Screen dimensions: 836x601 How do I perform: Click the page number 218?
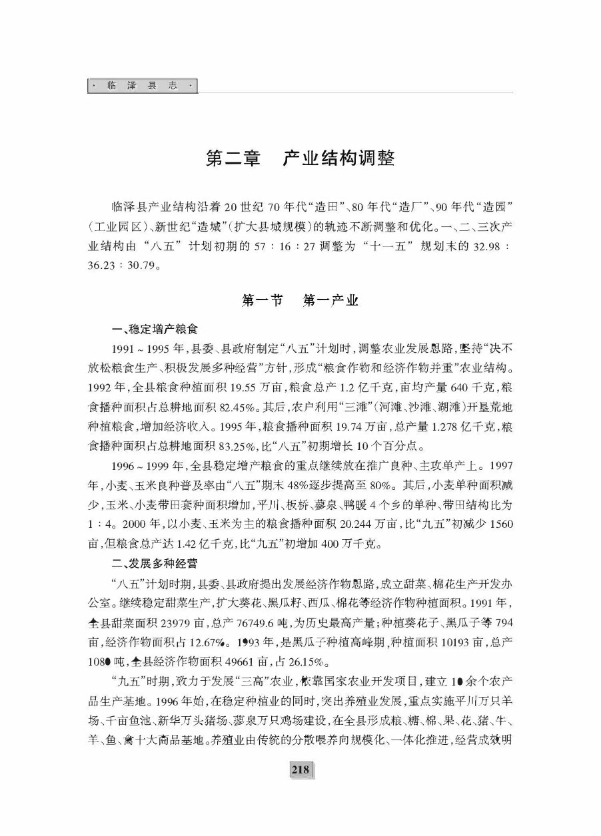pos(300,769)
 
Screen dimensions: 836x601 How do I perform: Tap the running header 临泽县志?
pos(143,87)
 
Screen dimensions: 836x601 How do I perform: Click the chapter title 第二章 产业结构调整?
pos(300,158)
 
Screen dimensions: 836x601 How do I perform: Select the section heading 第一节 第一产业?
pos(300,301)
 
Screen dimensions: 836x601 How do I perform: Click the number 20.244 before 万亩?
pos(359,524)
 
